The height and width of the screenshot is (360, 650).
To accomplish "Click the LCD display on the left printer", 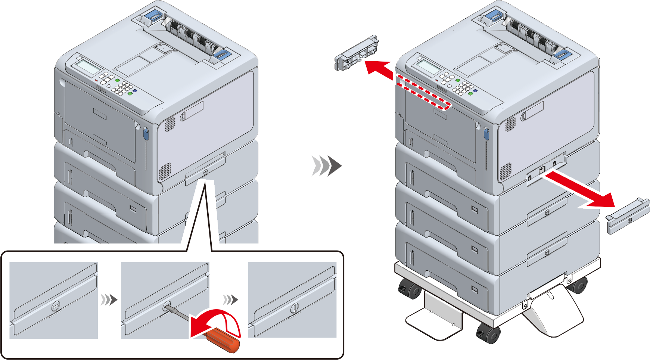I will click(88, 67).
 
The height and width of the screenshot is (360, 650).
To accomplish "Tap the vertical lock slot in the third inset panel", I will click(294, 308).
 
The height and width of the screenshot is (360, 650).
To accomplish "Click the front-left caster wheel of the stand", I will click(408, 289).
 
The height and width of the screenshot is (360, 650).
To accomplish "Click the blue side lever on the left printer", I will click(146, 133).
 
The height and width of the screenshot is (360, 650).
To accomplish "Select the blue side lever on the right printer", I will click(486, 133).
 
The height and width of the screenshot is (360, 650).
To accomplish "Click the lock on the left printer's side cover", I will click(205, 172).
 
